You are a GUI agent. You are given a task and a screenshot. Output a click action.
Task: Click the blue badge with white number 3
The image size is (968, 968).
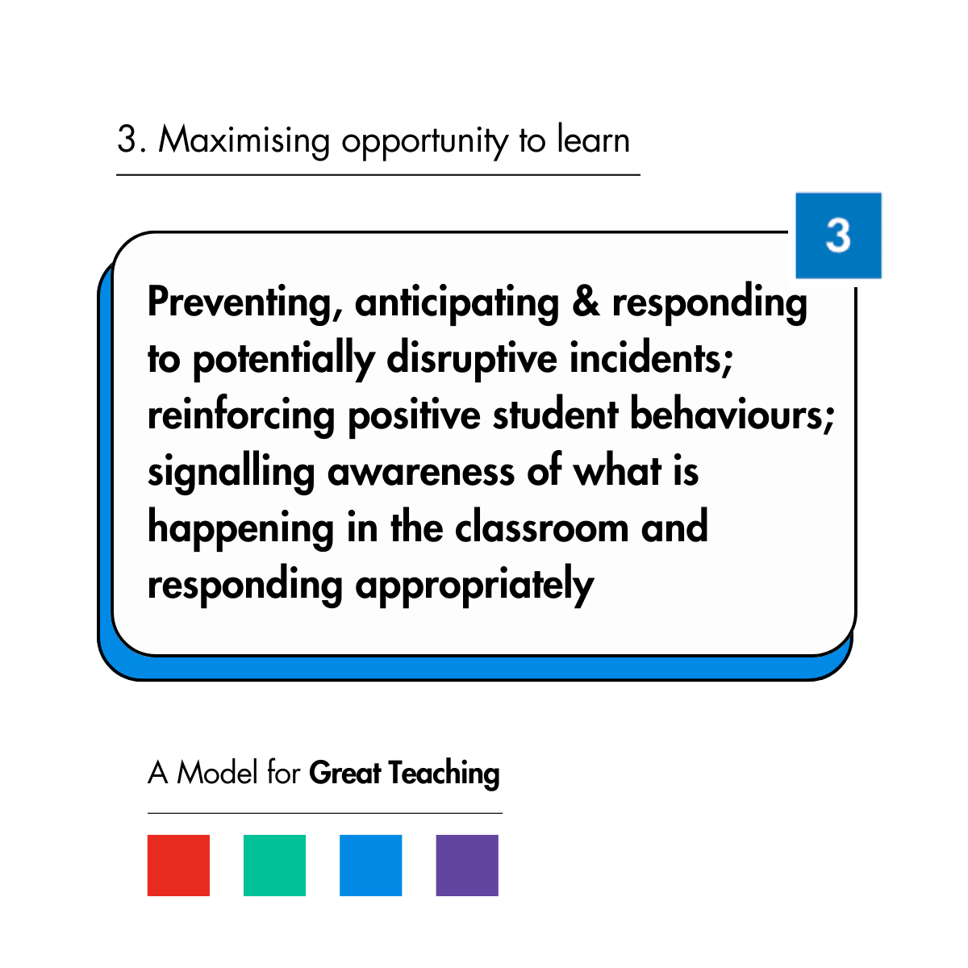pyautogui.click(x=838, y=236)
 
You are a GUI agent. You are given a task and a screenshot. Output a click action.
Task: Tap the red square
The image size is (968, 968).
pyautogui.click(x=178, y=866)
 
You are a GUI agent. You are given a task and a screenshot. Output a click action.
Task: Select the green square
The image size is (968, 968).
pyautogui.click(x=274, y=866)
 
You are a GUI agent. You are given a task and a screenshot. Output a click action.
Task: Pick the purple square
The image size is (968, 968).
pyautogui.click(x=467, y=866)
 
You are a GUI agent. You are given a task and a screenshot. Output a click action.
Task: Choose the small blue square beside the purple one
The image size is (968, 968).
pyautogui.click(x=370, y=866)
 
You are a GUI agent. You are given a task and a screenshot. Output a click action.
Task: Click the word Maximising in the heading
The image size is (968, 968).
pyautogui.click(x=244, y=140)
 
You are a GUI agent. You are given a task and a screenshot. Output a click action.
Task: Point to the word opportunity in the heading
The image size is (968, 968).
pyautogui.click(x=425, y=142)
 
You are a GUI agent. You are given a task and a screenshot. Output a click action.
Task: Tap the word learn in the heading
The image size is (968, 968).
pyautogui.click(x=593, y=140)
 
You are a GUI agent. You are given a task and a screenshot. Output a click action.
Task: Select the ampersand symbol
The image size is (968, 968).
pyautogui.click(x=586, y=302)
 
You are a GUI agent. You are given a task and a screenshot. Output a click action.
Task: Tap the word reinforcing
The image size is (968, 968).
pyautogui.click(x=240, y=417)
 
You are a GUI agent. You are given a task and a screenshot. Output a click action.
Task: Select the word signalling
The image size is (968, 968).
pyautogui.click(x=231, y=474)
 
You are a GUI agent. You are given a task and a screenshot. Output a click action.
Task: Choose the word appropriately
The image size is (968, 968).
pyautogui.click(x=474, y=586)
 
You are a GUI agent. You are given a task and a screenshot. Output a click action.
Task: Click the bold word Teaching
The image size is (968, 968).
pyautogui.click(x=444, y=774)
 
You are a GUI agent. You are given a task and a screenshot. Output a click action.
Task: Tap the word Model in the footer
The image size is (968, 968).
pyautogui.click(x=218, y=773)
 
